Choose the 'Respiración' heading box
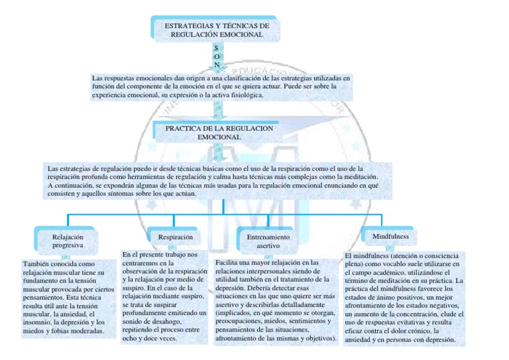(x=176, y=237)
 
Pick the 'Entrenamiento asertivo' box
(x=268, y=241)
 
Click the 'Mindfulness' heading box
(x=390, y=236)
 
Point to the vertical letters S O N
(x=217, y=56)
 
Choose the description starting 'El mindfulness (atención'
(x=404, y=297)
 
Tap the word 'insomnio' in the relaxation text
(x=36, y=322)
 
